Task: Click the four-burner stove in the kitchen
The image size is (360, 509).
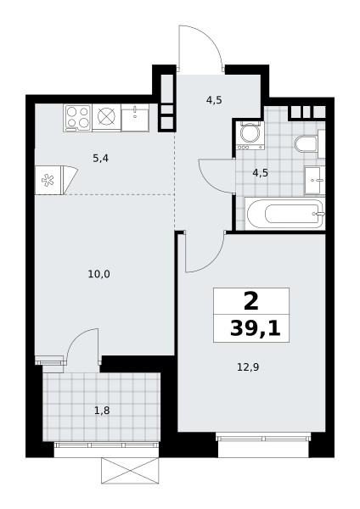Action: (77, 118)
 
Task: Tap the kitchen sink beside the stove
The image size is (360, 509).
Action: (135, 118)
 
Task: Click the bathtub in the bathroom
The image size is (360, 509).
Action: (284, 214)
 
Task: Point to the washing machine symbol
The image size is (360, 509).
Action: (250, 135)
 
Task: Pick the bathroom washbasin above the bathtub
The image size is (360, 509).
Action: (314, 180)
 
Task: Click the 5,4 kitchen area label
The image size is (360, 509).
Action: (101, 159)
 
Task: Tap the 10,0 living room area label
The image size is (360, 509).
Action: (98, 275)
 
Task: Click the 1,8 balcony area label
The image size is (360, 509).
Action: (102, 411)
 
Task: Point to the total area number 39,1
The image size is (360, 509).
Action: (255, 329)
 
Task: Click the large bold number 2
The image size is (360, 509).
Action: (250, 301)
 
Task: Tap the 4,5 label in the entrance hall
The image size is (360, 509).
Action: (214, 100)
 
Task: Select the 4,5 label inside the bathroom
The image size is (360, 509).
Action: (261, 173)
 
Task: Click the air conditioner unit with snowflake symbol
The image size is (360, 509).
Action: (56, 180)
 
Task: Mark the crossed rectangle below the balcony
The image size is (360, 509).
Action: (130, 470)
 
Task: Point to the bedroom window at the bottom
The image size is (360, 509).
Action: (263, 439)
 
